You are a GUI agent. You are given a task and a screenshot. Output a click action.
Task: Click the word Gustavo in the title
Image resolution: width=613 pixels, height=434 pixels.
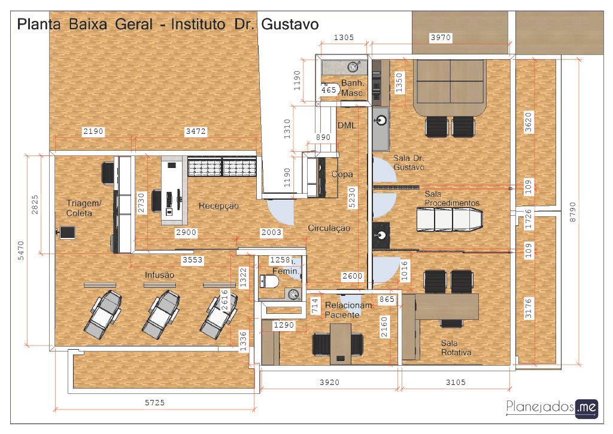[290, 24]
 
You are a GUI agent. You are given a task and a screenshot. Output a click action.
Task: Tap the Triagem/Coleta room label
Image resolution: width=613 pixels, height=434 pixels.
[84, 208]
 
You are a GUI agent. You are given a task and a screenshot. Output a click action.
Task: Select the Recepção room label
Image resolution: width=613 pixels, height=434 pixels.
[219, 206]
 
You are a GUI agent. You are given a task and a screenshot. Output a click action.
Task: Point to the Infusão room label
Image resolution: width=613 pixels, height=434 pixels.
[159, 275]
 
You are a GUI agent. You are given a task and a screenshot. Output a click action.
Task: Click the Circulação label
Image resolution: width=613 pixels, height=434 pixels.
[329, 228]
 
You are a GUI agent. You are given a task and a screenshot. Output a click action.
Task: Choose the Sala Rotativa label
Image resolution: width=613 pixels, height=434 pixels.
[456, 348]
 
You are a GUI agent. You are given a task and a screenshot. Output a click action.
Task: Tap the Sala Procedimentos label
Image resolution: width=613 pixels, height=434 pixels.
[452, 198]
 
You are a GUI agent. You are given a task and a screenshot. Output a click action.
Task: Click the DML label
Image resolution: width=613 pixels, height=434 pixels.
[347, 126]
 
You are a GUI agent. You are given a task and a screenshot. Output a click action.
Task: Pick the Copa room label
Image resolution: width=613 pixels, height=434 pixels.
[342, 174]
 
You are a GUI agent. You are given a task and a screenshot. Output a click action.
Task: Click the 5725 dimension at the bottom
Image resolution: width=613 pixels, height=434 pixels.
[155, 402]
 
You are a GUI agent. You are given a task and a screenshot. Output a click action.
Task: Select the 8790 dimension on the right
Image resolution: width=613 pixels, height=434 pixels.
[572, 212]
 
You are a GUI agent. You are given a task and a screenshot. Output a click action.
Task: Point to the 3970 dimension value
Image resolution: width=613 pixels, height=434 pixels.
[441, 38]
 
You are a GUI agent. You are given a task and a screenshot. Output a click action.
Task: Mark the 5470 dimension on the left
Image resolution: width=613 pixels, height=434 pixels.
[21, 250]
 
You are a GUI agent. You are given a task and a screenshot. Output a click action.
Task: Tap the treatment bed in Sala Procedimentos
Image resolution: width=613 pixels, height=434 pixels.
[450, 219]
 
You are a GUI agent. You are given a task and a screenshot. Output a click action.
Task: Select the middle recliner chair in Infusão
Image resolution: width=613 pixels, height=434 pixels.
[160, 314]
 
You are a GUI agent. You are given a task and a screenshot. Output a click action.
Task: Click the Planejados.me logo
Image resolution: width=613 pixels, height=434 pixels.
[552, 408]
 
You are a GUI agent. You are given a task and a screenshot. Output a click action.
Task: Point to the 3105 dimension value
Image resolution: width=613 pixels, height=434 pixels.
[456, 382]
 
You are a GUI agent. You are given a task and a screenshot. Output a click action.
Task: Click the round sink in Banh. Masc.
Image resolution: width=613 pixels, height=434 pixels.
[353, 67]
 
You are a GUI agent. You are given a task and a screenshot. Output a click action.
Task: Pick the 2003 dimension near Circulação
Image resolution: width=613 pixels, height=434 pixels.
[271, 232]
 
